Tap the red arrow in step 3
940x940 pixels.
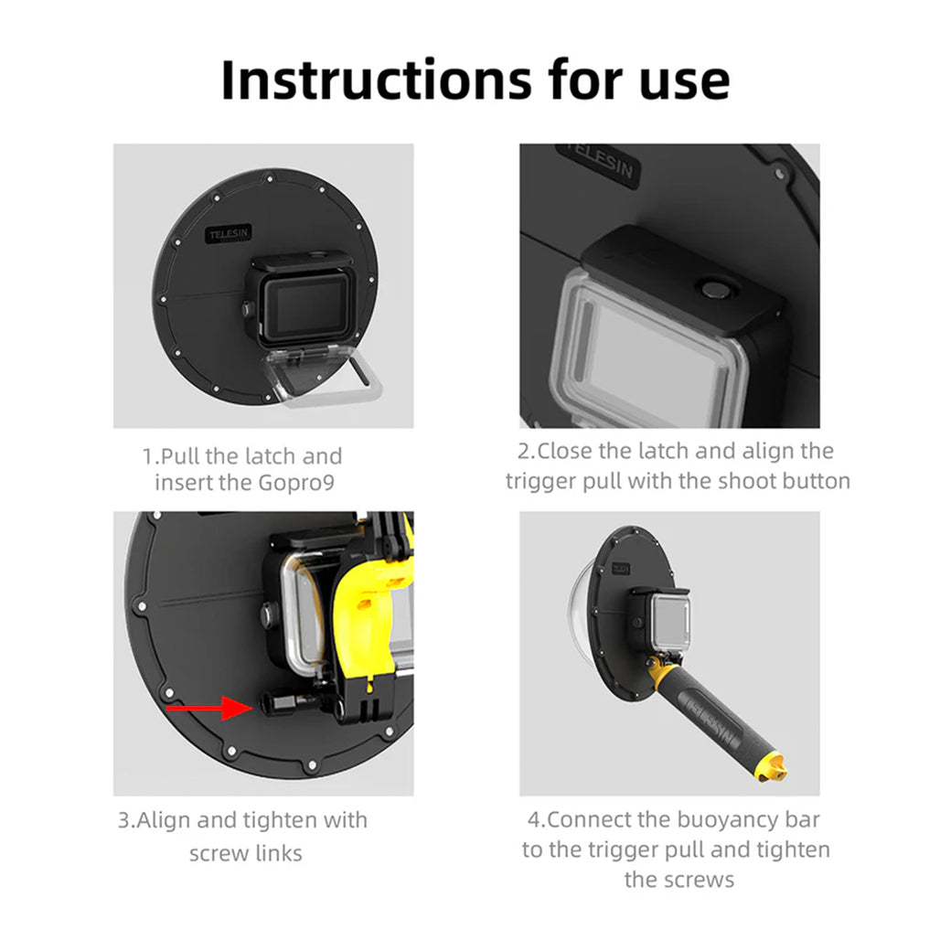[x=209, y=707]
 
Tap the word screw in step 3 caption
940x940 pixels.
[x=219, y=853]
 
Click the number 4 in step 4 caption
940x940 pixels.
[x=532, y=819]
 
